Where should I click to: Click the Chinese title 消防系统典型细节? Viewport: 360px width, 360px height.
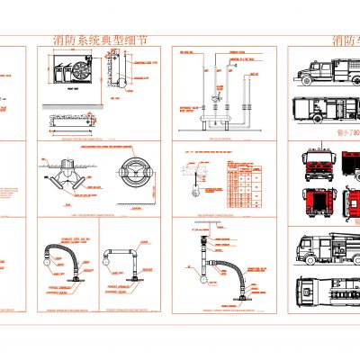[98, 42]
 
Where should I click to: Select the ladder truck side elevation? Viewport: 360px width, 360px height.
[324, 247]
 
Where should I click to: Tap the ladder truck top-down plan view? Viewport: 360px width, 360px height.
[325, 288]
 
